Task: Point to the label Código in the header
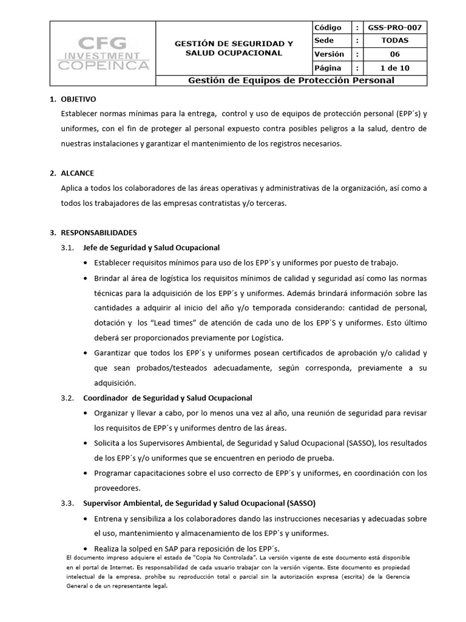328,28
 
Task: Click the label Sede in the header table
322,41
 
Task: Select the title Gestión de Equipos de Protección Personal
291,80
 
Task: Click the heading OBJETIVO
78,99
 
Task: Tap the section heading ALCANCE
77,173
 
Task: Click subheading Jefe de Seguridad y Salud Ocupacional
150,248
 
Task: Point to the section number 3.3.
67,503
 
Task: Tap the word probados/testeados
151,367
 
